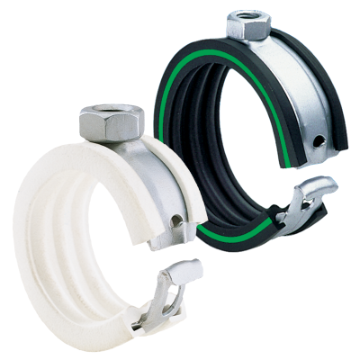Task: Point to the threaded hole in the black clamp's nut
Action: pyautogui.click(x=247, y=16)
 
